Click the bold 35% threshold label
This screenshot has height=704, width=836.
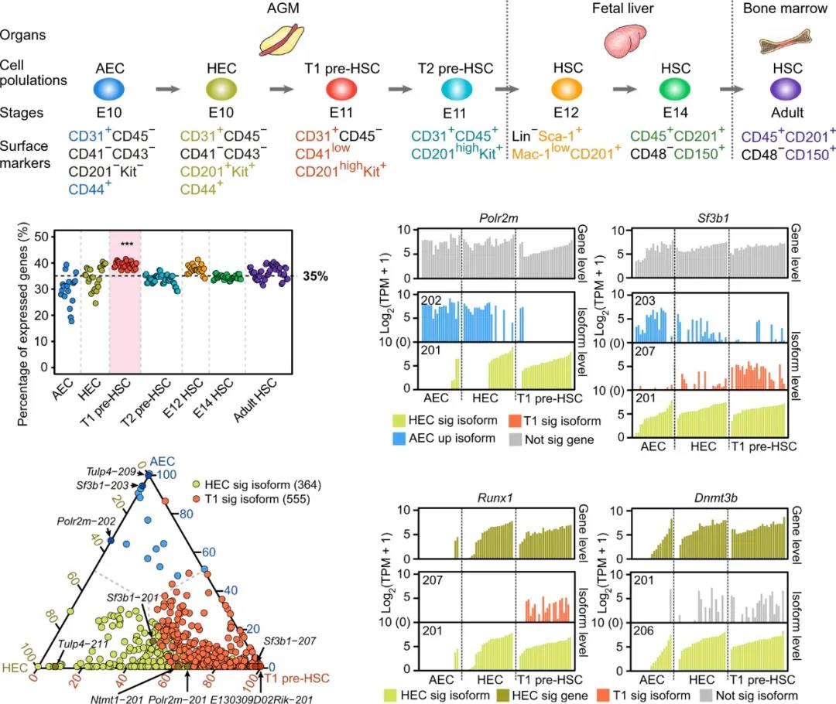click(313, 275)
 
